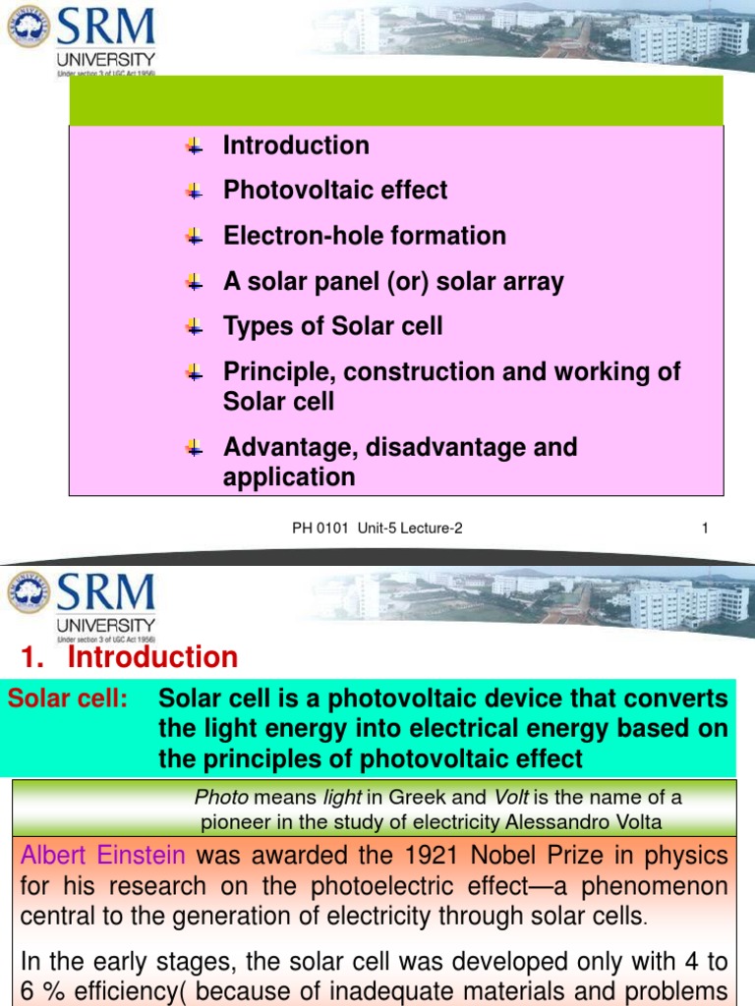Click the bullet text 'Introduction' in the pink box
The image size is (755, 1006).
coord(296,145)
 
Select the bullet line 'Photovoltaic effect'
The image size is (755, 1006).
coord(335,191)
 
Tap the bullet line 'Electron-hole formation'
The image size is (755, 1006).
coord(365,236)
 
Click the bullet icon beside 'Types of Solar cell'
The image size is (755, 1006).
coord(194,326)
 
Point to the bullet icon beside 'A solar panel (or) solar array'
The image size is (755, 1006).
coord(194,282)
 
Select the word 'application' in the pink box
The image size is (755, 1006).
coord(289,477)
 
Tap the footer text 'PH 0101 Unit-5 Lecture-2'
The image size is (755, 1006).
coord(377,529)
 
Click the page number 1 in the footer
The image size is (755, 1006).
coord(705,529)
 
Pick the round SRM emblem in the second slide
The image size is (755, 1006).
coord(29,593)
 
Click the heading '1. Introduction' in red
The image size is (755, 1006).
coord(129,657)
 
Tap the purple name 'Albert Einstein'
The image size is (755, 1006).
coord(104,856)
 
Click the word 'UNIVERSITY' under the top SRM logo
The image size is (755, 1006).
coord(105,58)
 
